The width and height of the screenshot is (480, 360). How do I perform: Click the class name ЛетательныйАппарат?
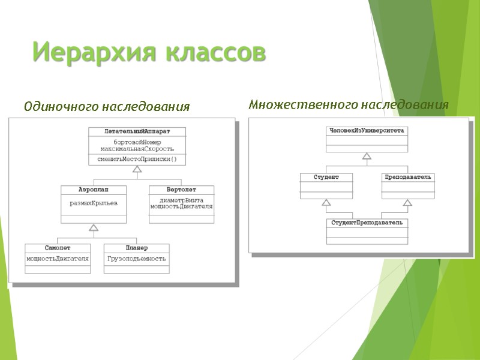click(x=137, y=131)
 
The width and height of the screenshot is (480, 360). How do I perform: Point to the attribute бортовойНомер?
click(x=137, y=142)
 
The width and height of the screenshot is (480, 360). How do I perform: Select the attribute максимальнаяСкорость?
click(x=137, y=148)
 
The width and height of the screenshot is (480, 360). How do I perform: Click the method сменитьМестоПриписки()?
click(x=137, y=159)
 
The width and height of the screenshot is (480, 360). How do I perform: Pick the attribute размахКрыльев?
click(x=93, y=203)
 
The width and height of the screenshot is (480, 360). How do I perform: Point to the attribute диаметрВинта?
click(x=181, y=200)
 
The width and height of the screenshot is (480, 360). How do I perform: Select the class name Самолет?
click(x=58, y=247)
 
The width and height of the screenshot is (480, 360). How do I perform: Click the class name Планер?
click(x=137, y=247)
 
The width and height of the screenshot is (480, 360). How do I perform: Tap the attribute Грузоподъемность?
click(x=137, y=259)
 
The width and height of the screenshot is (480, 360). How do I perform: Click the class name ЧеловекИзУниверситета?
click(x=367, y=130)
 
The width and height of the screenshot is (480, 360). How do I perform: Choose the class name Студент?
click(x=326, y=177)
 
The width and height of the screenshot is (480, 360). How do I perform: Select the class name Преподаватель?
click(x=408, y=177)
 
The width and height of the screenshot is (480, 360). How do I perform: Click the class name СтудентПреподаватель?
click(x=367, y=223)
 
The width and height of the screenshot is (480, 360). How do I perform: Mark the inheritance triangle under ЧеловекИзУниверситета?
click(x=367, y=156)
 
